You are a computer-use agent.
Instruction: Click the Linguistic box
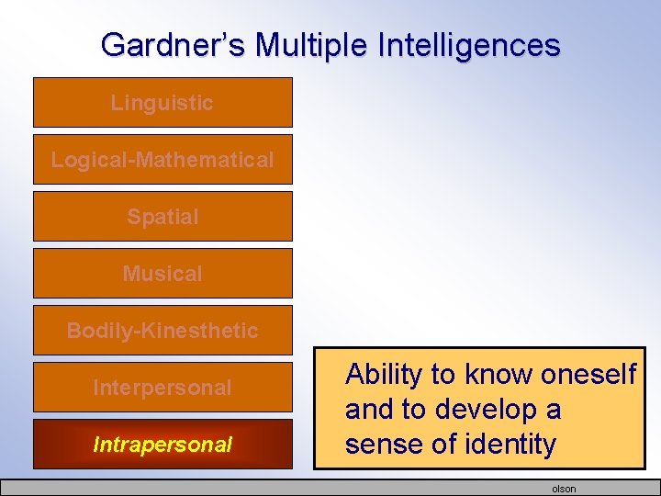162,103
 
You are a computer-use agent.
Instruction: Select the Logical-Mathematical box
162,160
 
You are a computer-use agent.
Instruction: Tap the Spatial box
162,217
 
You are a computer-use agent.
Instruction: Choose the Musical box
162,274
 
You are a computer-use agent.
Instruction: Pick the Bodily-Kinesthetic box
162,331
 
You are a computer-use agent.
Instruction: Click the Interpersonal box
162,388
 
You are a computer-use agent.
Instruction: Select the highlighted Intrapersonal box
162,445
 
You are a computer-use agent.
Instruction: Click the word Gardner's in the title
161,44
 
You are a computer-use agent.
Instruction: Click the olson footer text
564,489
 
